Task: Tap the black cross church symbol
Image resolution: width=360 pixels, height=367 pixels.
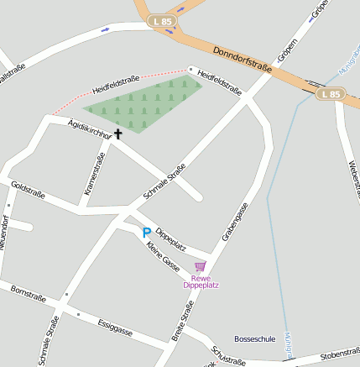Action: tap(117, 134)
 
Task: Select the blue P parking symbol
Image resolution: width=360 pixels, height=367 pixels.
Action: tap(147, 233)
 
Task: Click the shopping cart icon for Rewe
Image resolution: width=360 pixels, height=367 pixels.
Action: tap(200, 266)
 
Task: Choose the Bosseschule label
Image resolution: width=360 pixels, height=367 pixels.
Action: tap(254, 338)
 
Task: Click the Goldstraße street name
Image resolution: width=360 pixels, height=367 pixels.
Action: tap(28, 191)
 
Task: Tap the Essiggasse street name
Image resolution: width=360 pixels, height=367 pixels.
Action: tap(115, 327)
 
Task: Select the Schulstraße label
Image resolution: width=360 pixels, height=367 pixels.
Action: tap(227, 356)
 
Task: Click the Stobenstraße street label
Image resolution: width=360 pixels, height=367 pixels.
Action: tap(339, 353)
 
